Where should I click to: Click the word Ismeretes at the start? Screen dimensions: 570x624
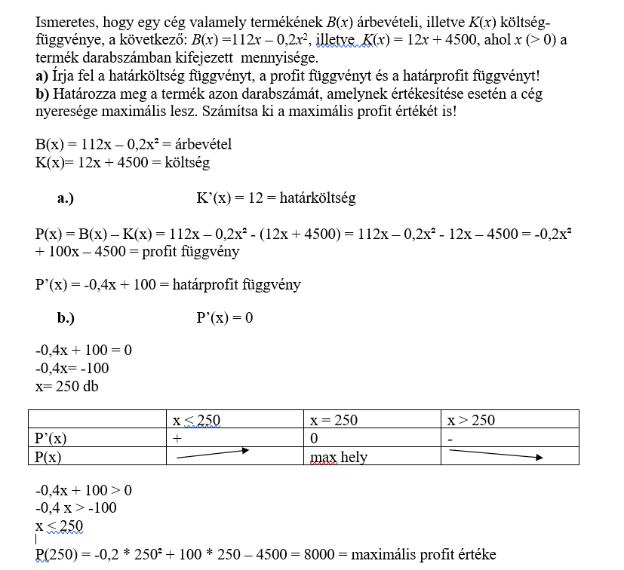63,22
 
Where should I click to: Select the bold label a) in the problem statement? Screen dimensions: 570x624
41,75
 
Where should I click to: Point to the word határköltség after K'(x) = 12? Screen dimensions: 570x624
317,198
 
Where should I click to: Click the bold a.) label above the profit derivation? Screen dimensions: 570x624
66,198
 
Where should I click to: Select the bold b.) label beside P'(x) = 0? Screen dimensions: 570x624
66,317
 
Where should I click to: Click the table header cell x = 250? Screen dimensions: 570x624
334,420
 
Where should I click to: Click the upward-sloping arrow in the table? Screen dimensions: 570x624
214,453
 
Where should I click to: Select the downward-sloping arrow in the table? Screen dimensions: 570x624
495,455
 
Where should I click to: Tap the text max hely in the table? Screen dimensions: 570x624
339,457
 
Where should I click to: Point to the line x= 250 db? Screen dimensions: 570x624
67,385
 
